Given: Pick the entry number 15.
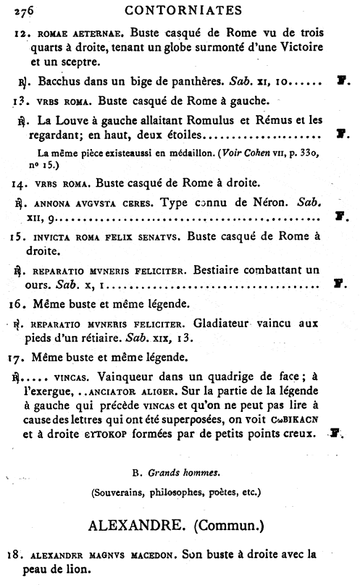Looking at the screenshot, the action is pos(21,237).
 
